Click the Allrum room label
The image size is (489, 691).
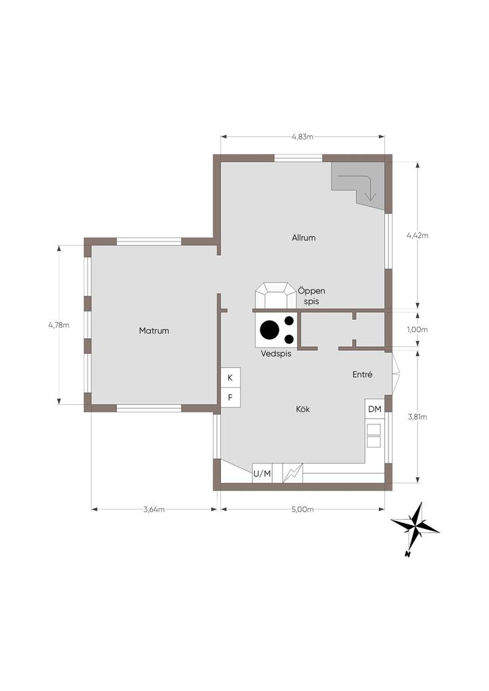303,238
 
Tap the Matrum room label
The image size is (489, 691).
154,331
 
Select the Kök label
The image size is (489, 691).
303,410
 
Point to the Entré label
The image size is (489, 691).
363,375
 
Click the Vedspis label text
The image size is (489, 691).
276,354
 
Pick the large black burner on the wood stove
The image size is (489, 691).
269,329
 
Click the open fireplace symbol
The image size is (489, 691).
276,296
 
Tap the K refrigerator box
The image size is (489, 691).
230,378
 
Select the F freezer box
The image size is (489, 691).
230,397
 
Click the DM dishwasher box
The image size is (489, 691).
374,410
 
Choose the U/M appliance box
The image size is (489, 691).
262,474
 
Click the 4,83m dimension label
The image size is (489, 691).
303,136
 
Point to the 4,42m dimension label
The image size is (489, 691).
417,236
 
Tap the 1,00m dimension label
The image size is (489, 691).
417,329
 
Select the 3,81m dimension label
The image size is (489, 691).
417,417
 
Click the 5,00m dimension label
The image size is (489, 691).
303,510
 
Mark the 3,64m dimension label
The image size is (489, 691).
154,510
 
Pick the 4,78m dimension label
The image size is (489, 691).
59,325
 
